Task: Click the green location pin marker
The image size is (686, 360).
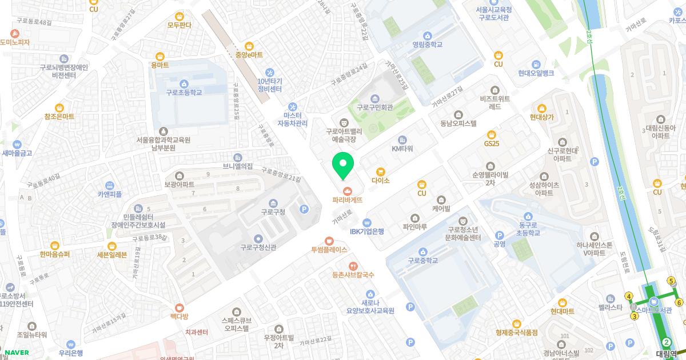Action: click(x=343, y=166)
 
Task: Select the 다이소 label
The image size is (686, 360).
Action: click(x=380, y=181)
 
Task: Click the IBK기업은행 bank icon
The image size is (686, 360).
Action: click(x=367, y=222)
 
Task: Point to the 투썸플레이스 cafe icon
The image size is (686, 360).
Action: click(x=329, y=241)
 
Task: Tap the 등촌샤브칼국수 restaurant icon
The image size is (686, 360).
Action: click(x=353, y=266)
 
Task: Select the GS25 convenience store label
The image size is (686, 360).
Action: click(x=492, y=143)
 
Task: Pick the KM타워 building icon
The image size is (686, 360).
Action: click(x=402, y=140)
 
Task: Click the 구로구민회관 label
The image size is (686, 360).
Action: click(x=374, y=107)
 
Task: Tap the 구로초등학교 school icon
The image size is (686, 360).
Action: click(x=184, y=83)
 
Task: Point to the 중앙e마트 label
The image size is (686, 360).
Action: click(x=249, y=55)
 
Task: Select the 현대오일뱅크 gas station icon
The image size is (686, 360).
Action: click(x=536, y=64)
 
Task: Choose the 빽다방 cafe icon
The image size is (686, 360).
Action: click(x=179, y=307)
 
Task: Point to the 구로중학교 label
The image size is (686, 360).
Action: click(x=423, y=261)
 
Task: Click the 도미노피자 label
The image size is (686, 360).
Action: click(x=15, y=42)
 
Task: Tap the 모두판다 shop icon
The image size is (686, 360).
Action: click(x=180, y=16)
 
